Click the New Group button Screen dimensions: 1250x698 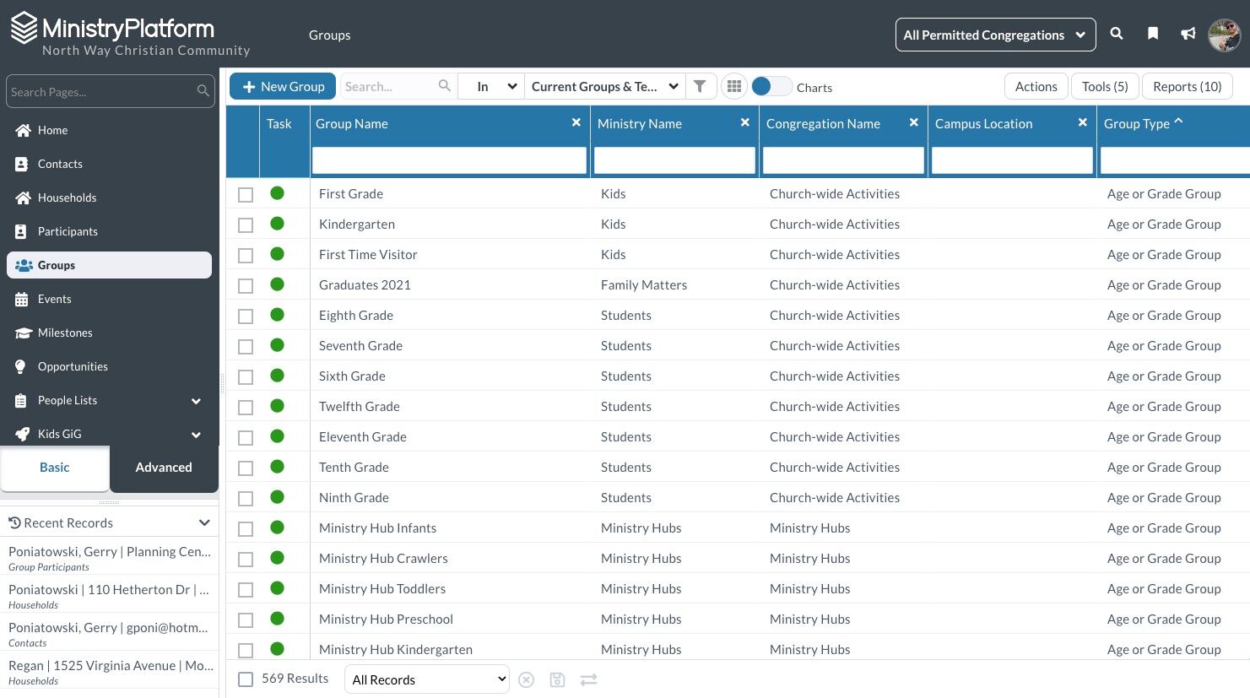(283, 86)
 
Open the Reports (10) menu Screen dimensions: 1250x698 (1187, 86)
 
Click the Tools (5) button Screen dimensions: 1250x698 (1104, 86)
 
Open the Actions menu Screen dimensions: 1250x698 (1036, 86)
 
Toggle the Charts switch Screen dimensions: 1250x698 (771, 86)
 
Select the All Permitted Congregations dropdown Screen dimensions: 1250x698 (995, 35)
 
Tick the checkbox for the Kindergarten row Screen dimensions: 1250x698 (246, 225)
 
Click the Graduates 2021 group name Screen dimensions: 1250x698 (365, 284)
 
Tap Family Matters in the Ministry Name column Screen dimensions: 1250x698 (643, 284)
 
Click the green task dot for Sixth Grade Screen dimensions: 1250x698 (278, 376)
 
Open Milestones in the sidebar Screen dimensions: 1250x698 (65, 333)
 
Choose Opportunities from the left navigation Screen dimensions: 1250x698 (73, 366)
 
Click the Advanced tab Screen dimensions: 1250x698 (164, 467)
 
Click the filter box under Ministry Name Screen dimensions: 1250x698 (674, 160)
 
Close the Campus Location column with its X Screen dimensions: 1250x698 (1082, 122)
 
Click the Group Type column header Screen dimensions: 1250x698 (1136, 123)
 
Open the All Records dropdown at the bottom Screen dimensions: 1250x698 (427, 679)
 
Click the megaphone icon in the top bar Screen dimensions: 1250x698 (1188, 34)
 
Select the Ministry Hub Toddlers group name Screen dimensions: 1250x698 (382, 588)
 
